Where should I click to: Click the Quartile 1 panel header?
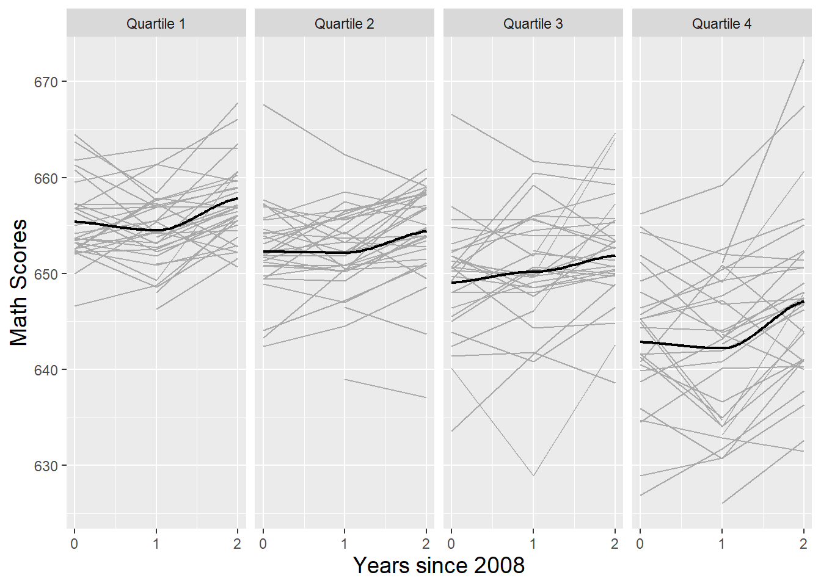tap(156, 24)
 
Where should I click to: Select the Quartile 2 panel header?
tap(344, 24)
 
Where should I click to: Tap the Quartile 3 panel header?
tap(533, 24)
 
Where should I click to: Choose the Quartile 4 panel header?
tap(721, 24)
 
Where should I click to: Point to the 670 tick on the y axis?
tap(45, 82)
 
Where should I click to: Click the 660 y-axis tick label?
tap(45, 178)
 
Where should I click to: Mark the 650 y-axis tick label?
tap(45, 274)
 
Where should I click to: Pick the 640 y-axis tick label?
tap(45, 370)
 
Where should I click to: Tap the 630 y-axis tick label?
tap(45, 466)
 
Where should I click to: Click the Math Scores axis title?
tap(19, 282)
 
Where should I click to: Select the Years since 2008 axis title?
tap(439, 565)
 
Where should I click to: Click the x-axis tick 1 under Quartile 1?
tap(156, 543)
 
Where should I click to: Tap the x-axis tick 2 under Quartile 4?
tap(803, 543)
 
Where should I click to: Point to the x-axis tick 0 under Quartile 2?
tap(263, 543)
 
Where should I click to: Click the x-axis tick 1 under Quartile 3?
tap(533, 543)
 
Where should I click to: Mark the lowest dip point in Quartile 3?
tap(533, 475)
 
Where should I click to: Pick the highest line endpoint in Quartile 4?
tap(803, 60)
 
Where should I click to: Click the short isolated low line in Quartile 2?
tap(385, 388)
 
